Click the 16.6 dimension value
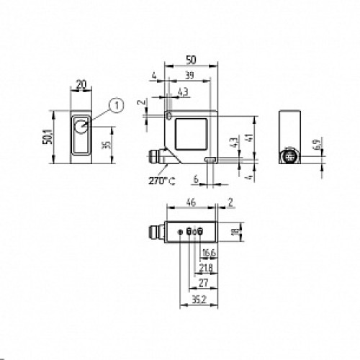coord(209,253)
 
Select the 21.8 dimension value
coord(206,269)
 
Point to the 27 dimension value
coord(202,284)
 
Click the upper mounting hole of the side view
coord(168,115)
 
